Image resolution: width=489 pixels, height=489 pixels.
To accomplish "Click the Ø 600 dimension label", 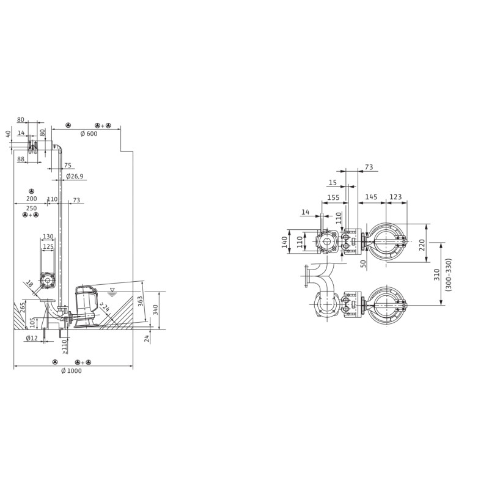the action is tap(89, 134).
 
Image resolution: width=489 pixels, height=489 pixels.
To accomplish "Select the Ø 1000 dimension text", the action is tap(72, 371).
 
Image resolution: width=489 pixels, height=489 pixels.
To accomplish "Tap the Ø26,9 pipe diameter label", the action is tap(75, 177).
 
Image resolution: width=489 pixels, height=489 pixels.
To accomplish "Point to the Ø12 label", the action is tap(32, 338).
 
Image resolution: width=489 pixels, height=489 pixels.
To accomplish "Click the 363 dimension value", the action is tap(141, 301).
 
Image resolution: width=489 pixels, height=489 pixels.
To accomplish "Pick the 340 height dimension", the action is tap(156, 310).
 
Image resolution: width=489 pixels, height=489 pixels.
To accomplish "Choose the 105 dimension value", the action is tap(32, 323).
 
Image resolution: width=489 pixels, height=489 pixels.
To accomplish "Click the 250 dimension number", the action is tap(32, 208).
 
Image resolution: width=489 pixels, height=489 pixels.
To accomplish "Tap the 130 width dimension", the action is tap(48, 237).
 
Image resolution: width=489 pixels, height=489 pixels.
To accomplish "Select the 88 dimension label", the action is tap(21, 159).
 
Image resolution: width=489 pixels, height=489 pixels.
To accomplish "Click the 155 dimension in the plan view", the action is tap(333, 197).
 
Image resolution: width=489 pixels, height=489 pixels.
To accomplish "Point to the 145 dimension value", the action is tap(371, 197).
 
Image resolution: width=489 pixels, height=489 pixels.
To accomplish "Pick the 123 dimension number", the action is tap(395, 197).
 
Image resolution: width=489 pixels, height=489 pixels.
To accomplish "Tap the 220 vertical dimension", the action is tap(422, 245).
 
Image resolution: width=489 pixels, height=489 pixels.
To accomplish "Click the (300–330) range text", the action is tap(448, 274).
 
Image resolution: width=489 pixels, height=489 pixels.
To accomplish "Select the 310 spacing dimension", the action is tap(437, 274).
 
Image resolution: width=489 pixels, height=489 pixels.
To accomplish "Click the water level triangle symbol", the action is tap(112, 291).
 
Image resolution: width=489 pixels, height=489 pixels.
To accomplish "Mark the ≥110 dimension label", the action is tap(64, 347).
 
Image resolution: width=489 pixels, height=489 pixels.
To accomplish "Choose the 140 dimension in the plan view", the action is tap(284, 242).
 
